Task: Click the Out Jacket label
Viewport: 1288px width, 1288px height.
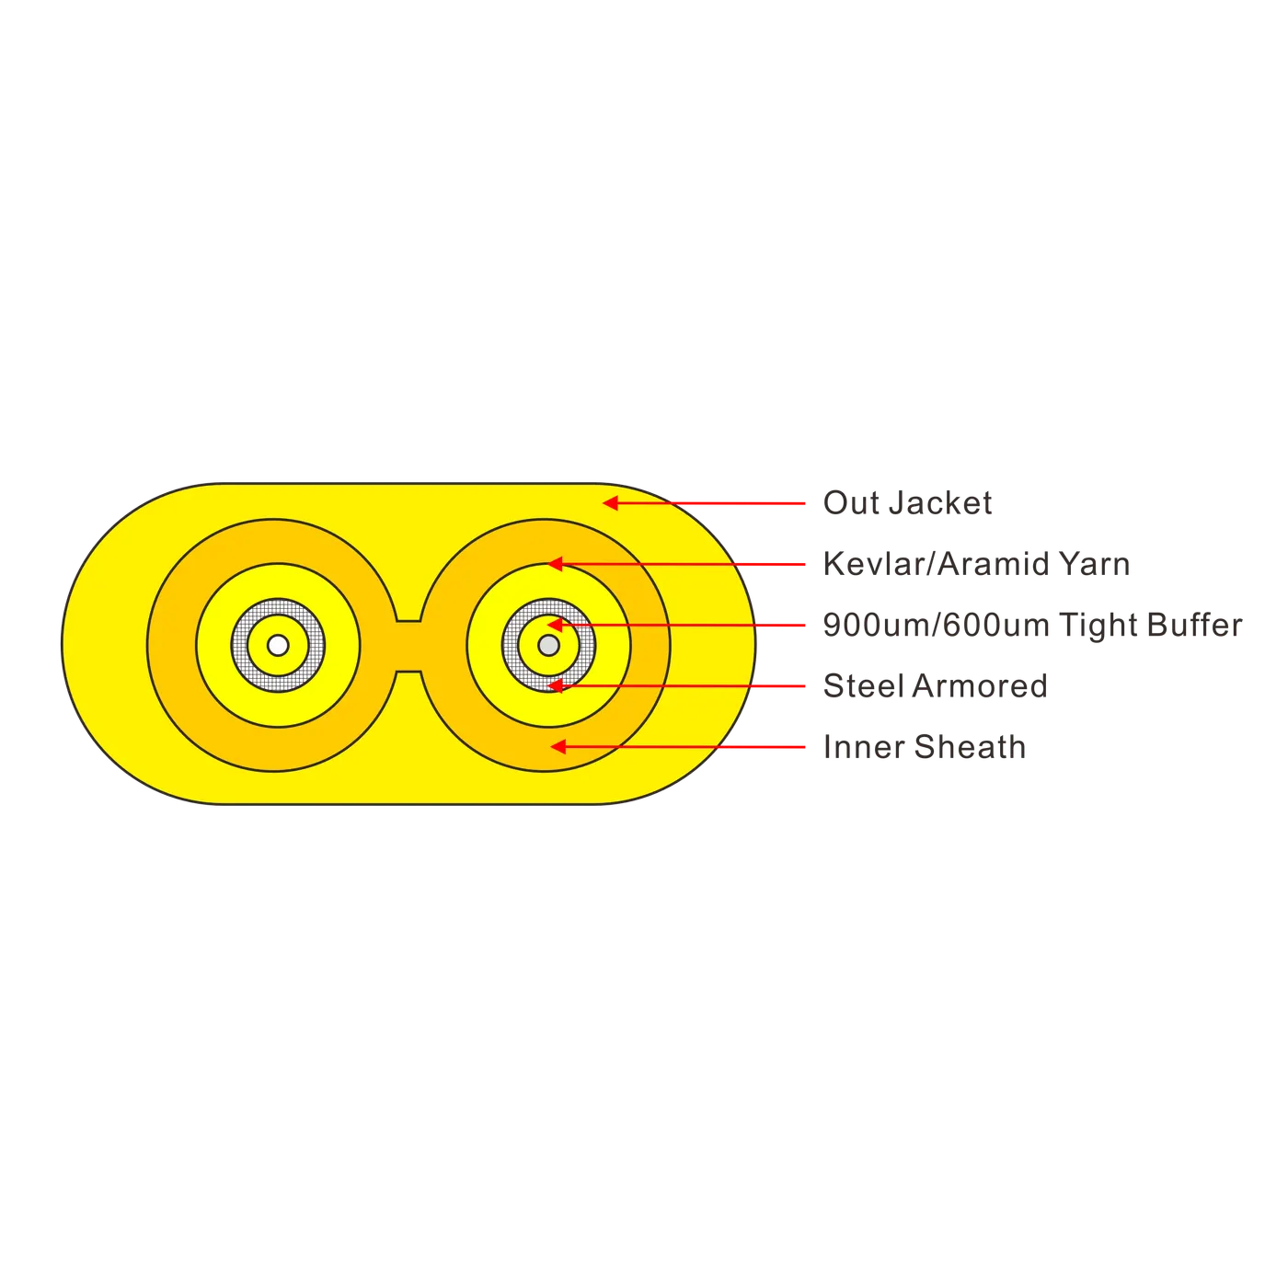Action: pos(907,502)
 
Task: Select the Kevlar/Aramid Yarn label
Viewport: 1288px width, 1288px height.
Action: pos(976,564)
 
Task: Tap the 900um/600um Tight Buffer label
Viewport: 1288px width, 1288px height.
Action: pos(1032,625)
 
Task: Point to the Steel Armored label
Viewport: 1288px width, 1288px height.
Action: pos(935,685)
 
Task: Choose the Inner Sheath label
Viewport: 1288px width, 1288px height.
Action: pos(925,747)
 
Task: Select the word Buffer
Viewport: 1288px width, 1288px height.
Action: pos(1194,625)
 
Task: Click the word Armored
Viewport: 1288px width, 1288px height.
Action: pos(980,685)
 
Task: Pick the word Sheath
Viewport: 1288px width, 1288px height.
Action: pos(970,747)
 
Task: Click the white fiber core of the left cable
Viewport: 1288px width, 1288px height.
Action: pos(278,645)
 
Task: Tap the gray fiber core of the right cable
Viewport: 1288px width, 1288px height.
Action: pos(548,645)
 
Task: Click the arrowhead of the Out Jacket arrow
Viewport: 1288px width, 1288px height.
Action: pos(610,502)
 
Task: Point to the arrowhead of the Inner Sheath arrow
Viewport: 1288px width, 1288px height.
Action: pos(558,747)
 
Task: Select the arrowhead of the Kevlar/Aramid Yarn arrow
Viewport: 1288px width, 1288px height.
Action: pos(555,564)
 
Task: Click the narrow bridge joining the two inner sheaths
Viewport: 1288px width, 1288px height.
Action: pos(408,646)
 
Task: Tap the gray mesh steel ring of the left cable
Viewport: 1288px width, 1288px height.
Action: pos(240,645)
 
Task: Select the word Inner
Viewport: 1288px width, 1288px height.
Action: pos(864,747)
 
